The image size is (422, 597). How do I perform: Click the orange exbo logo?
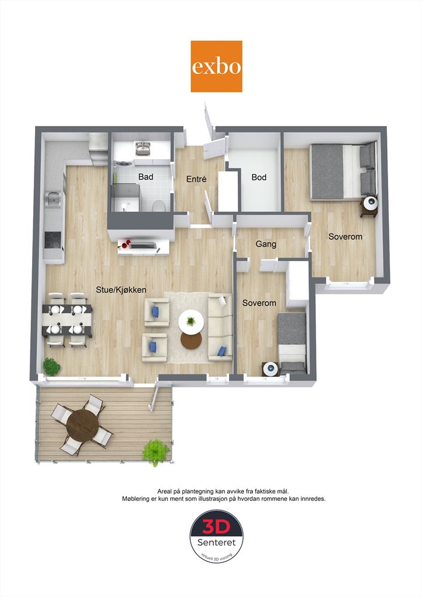pyautogui.click(x=216, y=66)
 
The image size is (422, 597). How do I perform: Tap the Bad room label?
pyautogui.click(x=146, y=177)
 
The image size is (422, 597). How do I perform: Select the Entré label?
pyautogui.click(x=196, y=179)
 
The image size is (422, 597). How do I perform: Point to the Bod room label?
pyautogui.click(x=259, y=177)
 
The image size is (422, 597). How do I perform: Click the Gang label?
pyautogui.click(x=266, y=244)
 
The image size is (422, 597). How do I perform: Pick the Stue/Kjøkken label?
pyautogui.click(x=121, y=290)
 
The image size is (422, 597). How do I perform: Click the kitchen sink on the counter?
pyautogui.click(x=53, y=198)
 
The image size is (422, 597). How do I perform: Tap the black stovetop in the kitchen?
pyautogui.click(x=52, y=240)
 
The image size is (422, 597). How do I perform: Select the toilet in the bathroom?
pyautogui.click(x=159, y=205)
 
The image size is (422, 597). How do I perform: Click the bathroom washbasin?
pyautogui.click(x=143, y=149)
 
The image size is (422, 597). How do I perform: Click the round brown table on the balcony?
pyautogui.click(x=83, y=424)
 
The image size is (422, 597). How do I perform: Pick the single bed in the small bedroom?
pyautogui.click(x=292, y=343)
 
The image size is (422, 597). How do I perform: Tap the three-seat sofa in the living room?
pyautogui.click(x=220, y=327)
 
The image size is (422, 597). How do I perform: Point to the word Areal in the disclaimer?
pyautogui.click(x=165, y=491)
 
